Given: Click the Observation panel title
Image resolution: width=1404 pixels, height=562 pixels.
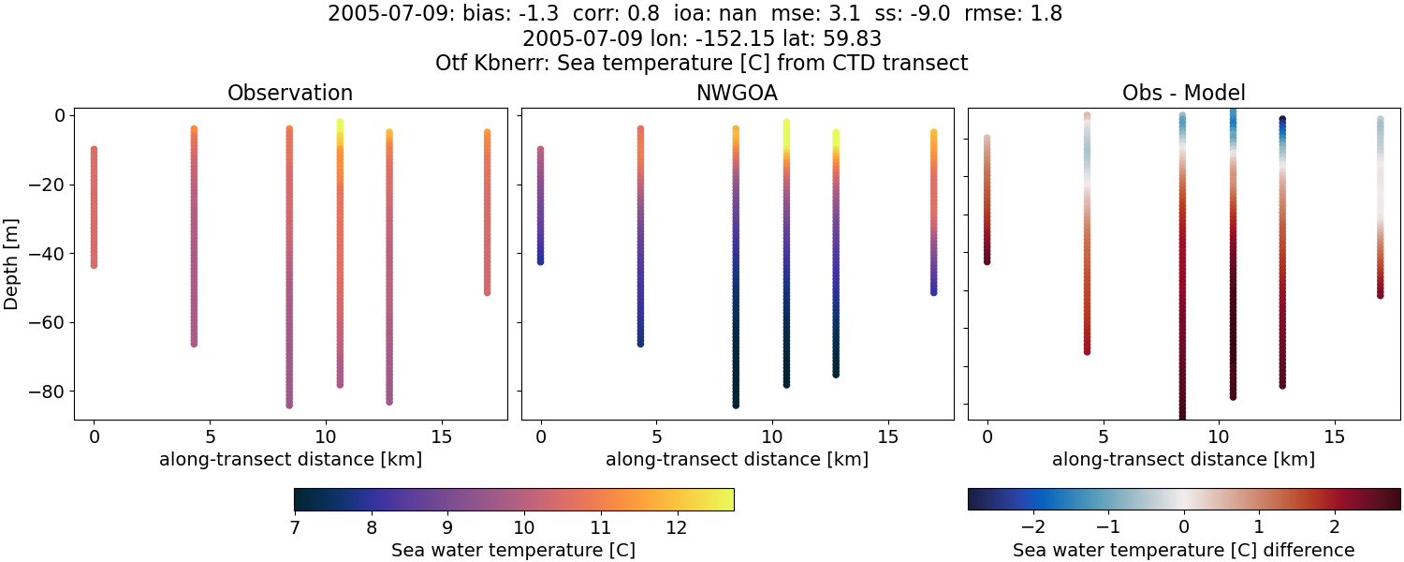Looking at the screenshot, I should click(290, 93).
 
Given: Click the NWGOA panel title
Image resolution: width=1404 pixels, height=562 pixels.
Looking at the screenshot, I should click(737, 93).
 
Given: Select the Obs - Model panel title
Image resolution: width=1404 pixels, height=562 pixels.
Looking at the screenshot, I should click(1183, 93).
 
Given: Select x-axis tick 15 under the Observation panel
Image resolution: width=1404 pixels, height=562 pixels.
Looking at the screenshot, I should click(441, 436).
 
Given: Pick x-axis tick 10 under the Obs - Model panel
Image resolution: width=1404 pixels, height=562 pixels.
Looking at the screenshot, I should click(1219, 436).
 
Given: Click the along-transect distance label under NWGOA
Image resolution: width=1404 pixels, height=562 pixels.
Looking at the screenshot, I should click(737, 459).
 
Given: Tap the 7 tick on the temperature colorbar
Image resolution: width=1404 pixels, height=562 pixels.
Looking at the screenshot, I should click(295, 527).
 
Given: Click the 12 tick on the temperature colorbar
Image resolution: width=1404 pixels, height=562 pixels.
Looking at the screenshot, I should click(676, 527).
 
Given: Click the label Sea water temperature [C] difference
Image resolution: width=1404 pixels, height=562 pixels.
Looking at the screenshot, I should click(1183, 550).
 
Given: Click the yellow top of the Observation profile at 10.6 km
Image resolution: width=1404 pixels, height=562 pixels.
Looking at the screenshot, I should click(340, 125).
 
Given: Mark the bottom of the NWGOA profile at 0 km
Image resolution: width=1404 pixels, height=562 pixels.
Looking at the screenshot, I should click(540, 261).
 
